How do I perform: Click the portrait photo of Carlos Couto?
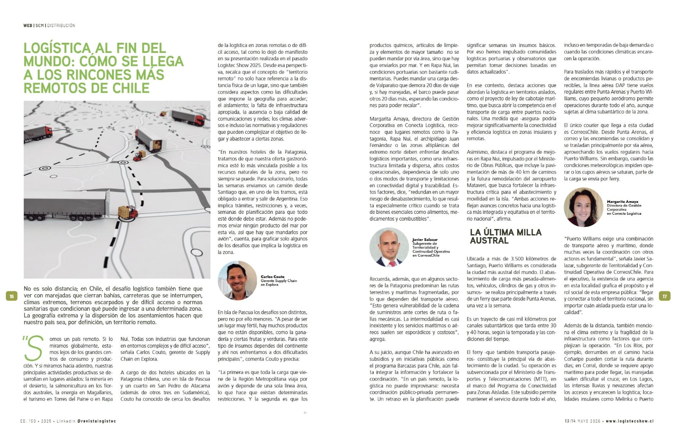237,281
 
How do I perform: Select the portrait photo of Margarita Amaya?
583,207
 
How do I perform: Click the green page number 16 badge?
11,296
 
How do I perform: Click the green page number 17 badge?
664,296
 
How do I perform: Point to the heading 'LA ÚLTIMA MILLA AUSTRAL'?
505,236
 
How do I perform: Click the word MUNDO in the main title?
47,61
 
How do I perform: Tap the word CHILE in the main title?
129,88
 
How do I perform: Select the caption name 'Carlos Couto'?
272,277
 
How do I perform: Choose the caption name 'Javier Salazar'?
425,240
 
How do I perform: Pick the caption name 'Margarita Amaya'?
622,202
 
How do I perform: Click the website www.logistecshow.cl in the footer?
630,421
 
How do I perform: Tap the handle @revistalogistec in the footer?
96,421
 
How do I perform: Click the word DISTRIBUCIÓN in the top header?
61,25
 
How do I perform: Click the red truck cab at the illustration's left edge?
47,133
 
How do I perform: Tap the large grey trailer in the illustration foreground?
68,205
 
